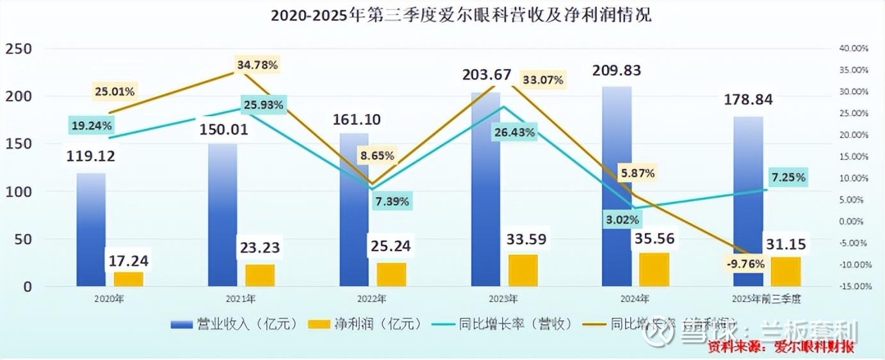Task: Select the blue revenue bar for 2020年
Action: tap(91, 231)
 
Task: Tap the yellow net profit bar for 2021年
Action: tap(260, 275)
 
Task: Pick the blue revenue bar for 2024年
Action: tap(617, 192)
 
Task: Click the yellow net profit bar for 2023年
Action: tap(523, 270)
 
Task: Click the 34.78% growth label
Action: tap(257, 65)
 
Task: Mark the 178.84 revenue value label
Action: tap(748, 99)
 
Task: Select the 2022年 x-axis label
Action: tap(371, 299)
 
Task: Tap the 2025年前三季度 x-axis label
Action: tap(766, 299)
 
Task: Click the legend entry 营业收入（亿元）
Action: tap(234, 324)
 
